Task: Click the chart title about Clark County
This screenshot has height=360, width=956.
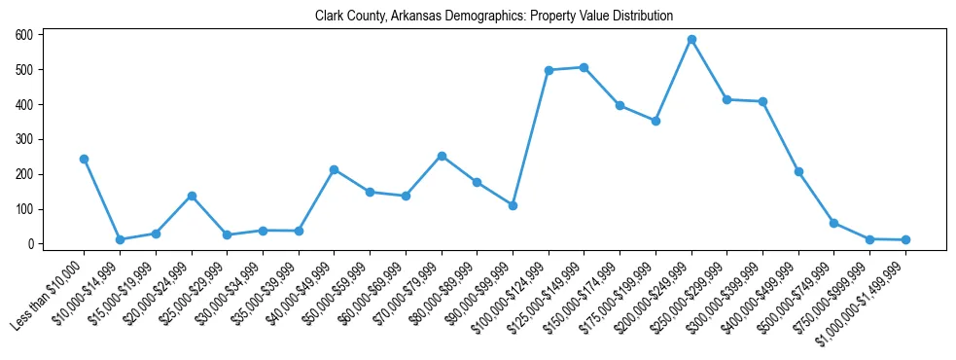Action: pyautogui.click(x=493, y=16)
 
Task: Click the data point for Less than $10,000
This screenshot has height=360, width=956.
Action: pyautogui.click(x=84, y=159)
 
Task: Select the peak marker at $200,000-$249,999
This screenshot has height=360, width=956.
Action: pyautogui.click(x=691, y=40)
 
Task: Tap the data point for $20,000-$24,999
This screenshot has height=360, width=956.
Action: pyautogui.click(x=192, y=196)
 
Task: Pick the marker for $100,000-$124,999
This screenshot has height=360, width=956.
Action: pyautogui.click(x=549, y=70)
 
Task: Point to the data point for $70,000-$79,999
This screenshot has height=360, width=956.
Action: pyautogui.click(x=442, y=156)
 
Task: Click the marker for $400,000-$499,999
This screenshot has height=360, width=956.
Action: pyautogui.click(x=798, y=171)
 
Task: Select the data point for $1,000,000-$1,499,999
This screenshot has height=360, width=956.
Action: pyautogui.click(x=905, y=239)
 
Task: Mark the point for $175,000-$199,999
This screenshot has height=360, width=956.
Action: pyautogui.click(x=655, y=121)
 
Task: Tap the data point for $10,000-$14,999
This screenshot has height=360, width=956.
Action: pyautogui.click(x=120, y=239)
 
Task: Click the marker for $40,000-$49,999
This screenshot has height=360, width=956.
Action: pyautogui.click(x=334, y=169)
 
